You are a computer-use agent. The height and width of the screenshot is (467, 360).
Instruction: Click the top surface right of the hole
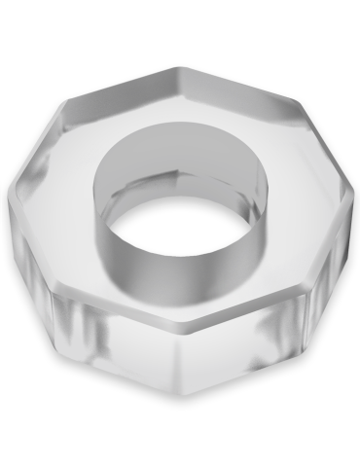(292, 175)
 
